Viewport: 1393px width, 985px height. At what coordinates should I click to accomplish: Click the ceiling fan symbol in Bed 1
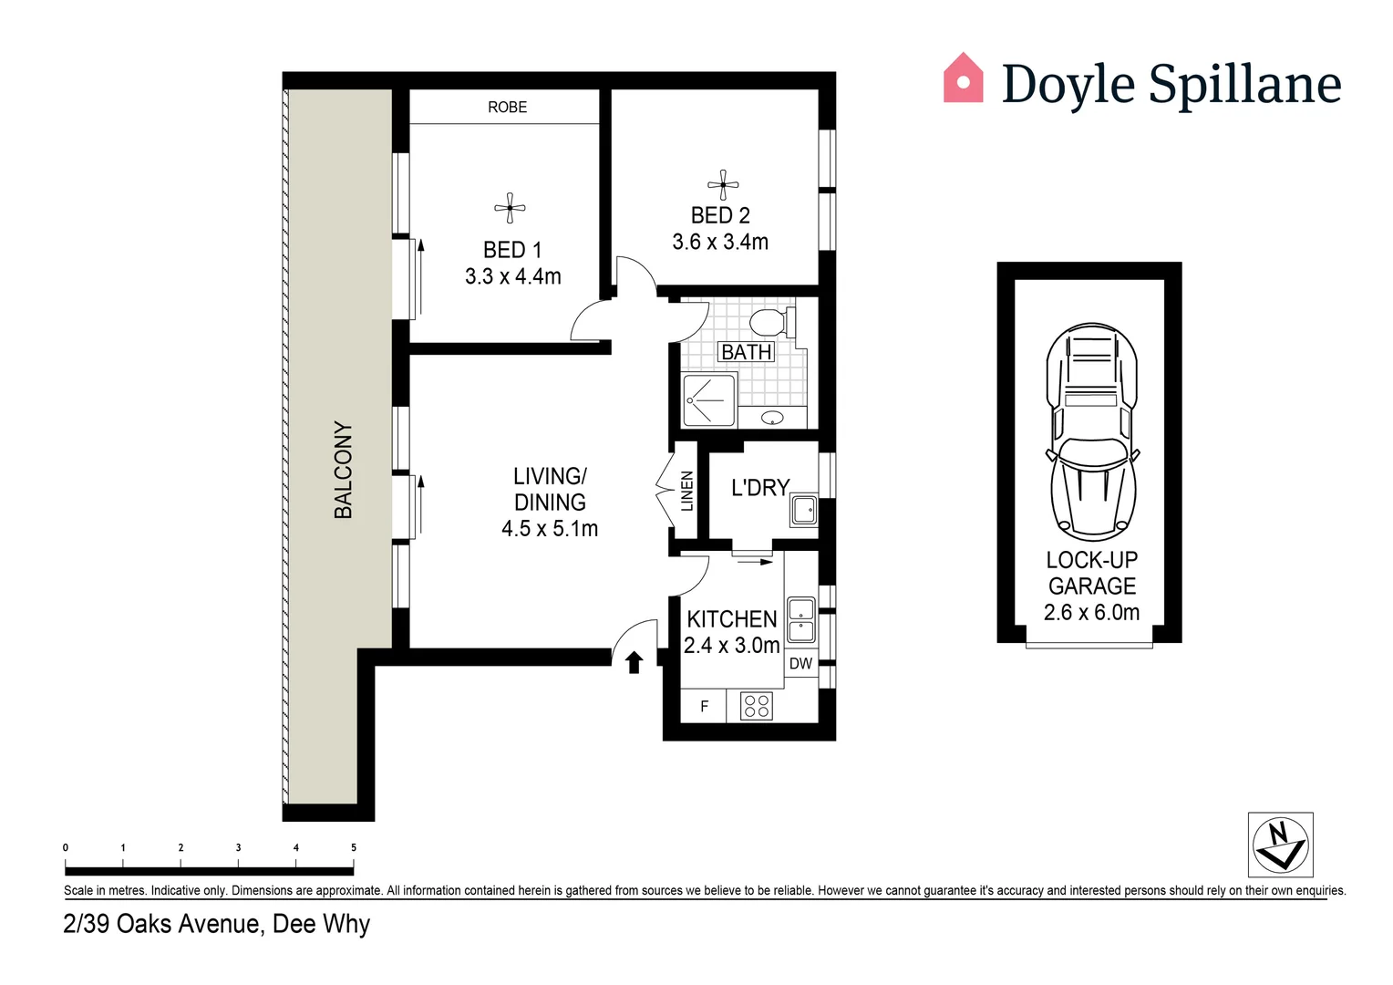point(510,208)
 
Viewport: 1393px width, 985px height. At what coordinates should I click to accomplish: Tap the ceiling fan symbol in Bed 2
point(723,185)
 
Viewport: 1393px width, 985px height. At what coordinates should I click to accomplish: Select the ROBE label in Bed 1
point(507,108)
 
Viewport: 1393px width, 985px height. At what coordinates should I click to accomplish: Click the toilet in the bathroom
point(771,322)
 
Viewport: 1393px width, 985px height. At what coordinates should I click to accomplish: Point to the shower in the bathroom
point(708,399)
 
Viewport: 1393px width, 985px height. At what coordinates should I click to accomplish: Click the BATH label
point(746,352)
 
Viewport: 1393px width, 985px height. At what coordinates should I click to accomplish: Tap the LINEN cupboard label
point(687,491)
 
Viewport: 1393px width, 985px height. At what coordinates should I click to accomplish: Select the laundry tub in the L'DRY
point(804,510)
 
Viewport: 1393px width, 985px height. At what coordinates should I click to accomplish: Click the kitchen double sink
point(801,620)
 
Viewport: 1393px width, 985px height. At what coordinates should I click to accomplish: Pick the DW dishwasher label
point(800,664)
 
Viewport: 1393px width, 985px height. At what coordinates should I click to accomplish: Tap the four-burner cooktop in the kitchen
point(756,706)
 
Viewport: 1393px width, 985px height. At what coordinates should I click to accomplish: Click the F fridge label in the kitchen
point(704,707)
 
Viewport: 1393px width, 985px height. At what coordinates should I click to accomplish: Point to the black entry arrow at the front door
point(634,662)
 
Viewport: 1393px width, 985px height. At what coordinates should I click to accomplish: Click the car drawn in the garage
point(1091,430)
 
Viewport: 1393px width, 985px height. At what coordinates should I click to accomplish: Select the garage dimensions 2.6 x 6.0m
point(1091,613)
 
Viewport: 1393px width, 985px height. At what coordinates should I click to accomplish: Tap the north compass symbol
point(1280,845)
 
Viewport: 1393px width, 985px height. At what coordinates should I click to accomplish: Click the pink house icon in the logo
point(963,78)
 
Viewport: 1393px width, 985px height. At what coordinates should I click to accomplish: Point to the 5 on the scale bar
point(354,847)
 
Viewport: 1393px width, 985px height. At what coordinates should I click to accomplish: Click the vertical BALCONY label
point(343,470)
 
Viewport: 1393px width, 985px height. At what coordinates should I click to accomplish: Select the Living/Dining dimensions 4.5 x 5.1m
point(550,529)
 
